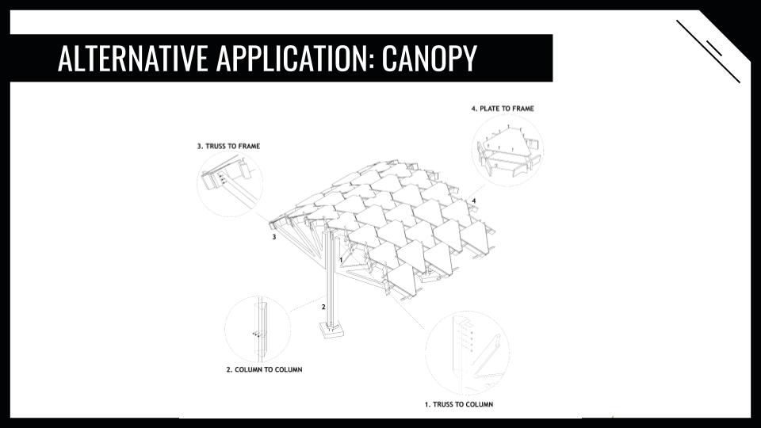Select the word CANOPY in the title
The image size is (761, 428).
point(429,58)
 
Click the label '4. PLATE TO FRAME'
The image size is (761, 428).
point(503,109)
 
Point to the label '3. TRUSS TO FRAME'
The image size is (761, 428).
point(228,146)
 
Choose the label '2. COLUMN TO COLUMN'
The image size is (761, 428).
point(265,370)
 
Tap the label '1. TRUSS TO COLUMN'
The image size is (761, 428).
point(459,404)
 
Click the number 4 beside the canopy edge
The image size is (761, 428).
point(474,201)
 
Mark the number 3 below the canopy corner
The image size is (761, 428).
point(274,237)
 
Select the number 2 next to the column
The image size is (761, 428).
point(323,307)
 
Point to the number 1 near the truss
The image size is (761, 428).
point(341,260)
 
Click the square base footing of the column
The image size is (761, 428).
point(332,331)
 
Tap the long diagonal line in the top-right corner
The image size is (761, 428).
point(708,52)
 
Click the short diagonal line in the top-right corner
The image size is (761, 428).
point(714,48)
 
